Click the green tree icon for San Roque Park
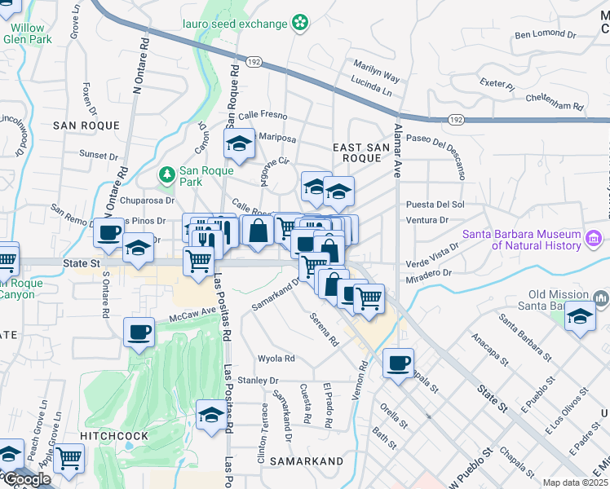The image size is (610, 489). click(167, 174)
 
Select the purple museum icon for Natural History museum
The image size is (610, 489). click(595, 238)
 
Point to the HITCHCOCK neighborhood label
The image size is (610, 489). click(115, 436)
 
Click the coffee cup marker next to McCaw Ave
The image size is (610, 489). click(139, 333)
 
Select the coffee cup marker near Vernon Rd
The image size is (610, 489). click(398, 363)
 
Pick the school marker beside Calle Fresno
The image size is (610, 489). click(239, 144)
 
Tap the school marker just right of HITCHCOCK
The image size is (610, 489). click(211, 414)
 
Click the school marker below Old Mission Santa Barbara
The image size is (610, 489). click(580, 316)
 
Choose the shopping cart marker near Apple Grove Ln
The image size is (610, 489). click(69, 458)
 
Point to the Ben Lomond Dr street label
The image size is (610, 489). click(545, 35)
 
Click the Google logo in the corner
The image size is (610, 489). click(26, 479)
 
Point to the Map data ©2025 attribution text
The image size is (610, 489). click(574, 482)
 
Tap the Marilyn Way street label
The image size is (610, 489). click(376, 71)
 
